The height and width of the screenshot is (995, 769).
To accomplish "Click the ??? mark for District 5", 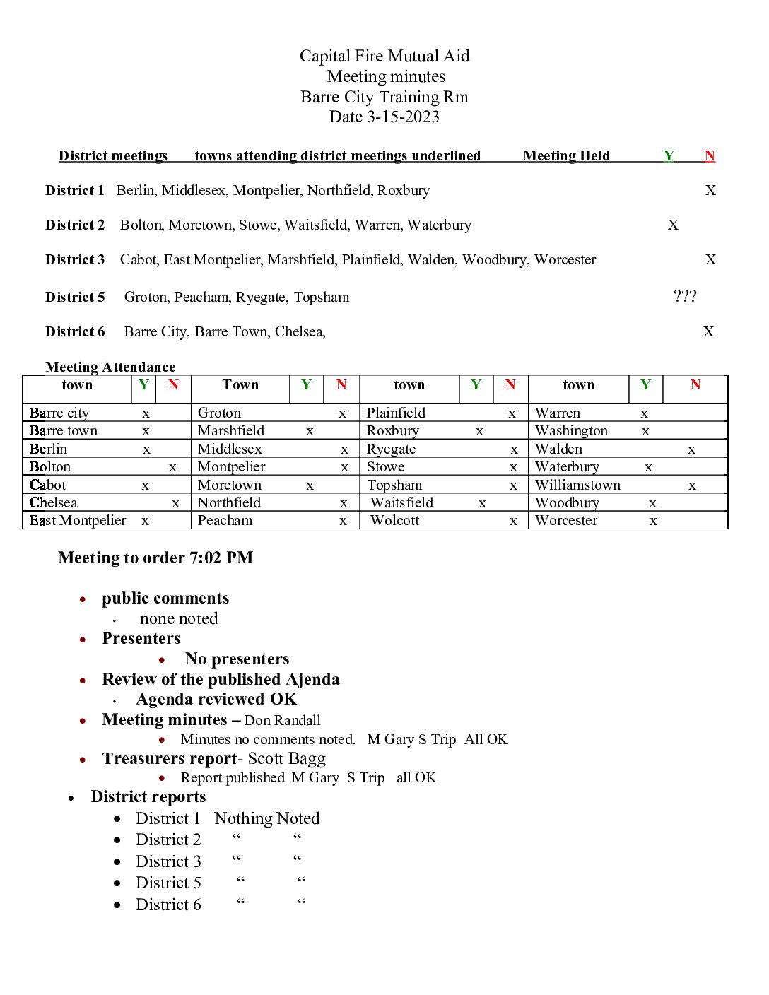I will [x=685, y=296].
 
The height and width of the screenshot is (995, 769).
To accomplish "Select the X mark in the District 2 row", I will [x=673, y=225].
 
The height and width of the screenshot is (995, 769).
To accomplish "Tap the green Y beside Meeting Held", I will [x=669, y=155].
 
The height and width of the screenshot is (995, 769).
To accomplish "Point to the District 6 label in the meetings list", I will [x=75, y=331].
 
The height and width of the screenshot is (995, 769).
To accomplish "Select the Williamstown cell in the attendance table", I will [x=577, y=485].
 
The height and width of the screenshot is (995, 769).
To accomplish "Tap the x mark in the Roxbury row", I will [x=479, y=431].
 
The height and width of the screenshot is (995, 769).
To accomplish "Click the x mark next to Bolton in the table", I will [x=172, y=467].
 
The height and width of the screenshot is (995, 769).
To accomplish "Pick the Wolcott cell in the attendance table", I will [x=394, y=521].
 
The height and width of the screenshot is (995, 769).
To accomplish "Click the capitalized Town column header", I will [x=240, y=385].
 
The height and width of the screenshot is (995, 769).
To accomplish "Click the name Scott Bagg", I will [x=286, y=759].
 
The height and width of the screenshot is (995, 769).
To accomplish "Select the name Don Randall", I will [x=282, y=720].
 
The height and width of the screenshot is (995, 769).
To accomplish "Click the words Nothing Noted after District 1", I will [x=266, y=818].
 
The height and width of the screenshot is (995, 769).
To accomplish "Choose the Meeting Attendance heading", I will [x=110, y=367].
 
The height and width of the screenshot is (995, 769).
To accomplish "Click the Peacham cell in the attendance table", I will [x=225, y=521].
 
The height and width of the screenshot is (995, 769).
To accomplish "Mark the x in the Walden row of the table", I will [x=691, y=449].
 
